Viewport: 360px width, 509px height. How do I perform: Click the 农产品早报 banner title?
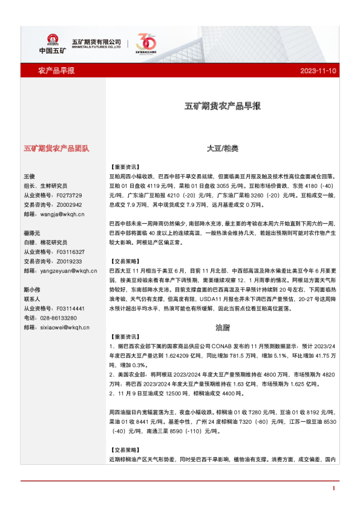coord(56,71)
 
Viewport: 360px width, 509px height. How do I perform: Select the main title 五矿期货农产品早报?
coord(222,106)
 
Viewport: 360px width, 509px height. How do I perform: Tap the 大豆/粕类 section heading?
coord(222,148)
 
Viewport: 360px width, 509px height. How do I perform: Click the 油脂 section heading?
coord(222,327)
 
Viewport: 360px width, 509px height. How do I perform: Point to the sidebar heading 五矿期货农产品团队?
coord(56,148)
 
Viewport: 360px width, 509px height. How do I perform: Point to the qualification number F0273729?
coord(68,195)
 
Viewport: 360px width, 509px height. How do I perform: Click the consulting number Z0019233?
coord(68,261)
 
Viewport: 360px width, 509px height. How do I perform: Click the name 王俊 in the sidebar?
coord(30,176)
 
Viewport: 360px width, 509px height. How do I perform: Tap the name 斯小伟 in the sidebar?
coord(31,289)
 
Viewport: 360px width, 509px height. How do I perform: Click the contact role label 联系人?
coord(32,299)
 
